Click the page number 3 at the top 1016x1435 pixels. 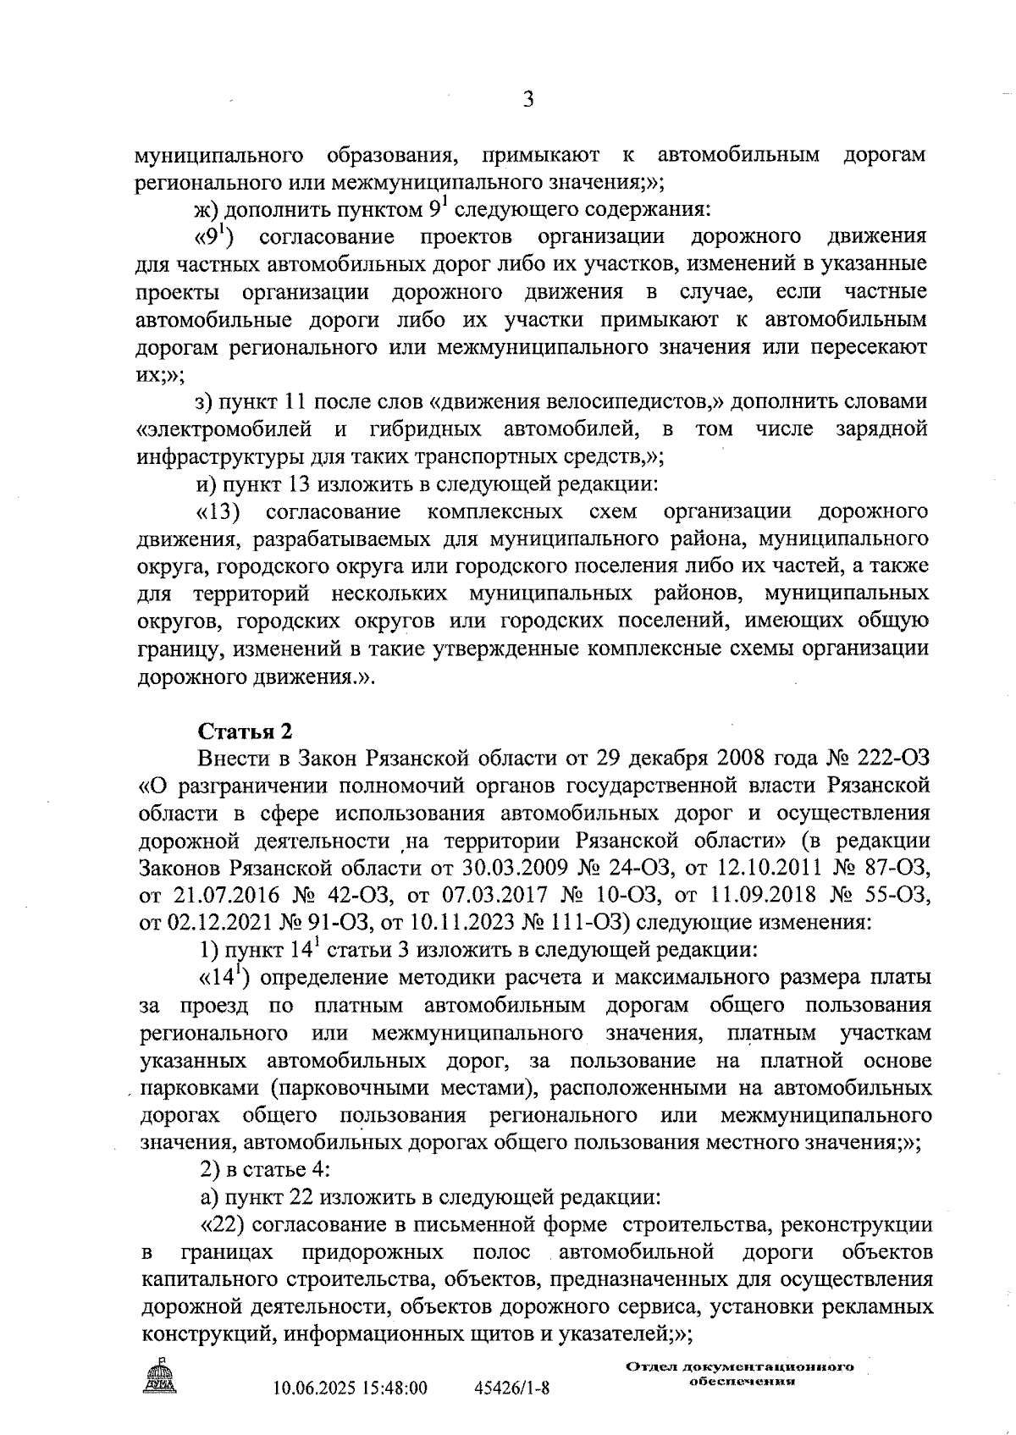tap(528, 100)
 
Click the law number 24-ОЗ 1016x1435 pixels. tap(635, 869)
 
